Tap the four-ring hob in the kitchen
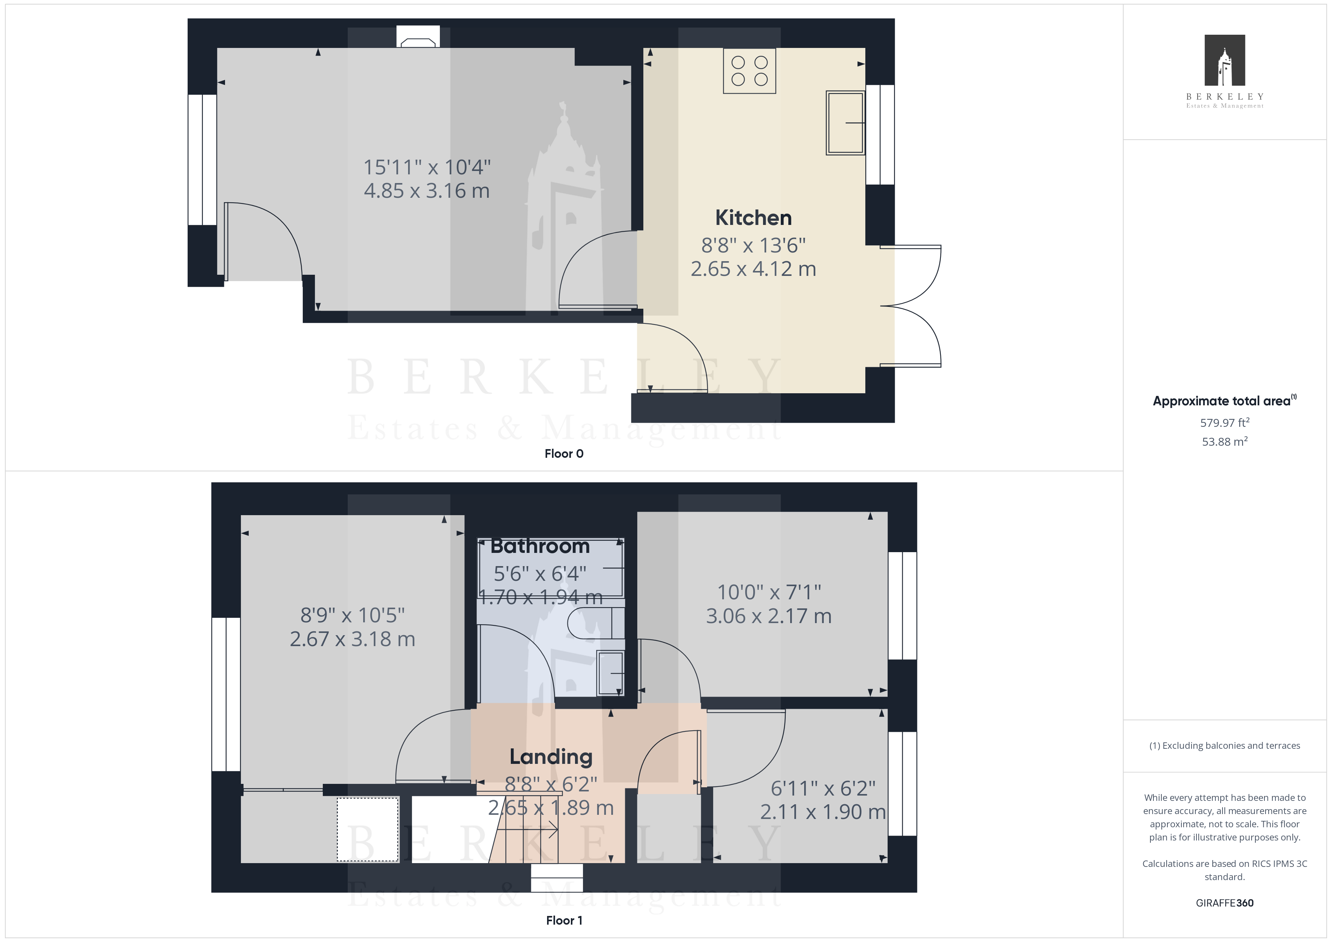(x=749, y=71)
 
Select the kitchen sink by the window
(x=845, y=122)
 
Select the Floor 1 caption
(x=564, y=920)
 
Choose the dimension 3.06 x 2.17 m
(x=769, y=616)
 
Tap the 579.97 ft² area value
(x=1225, y=423)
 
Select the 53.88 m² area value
(x=1225, y=442)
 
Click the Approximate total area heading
(x=1225, y=401)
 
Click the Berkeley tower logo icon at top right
(x=1225, y=60)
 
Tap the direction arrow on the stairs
(x=528, y=830)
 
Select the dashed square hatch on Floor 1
(x=368, y=829)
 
